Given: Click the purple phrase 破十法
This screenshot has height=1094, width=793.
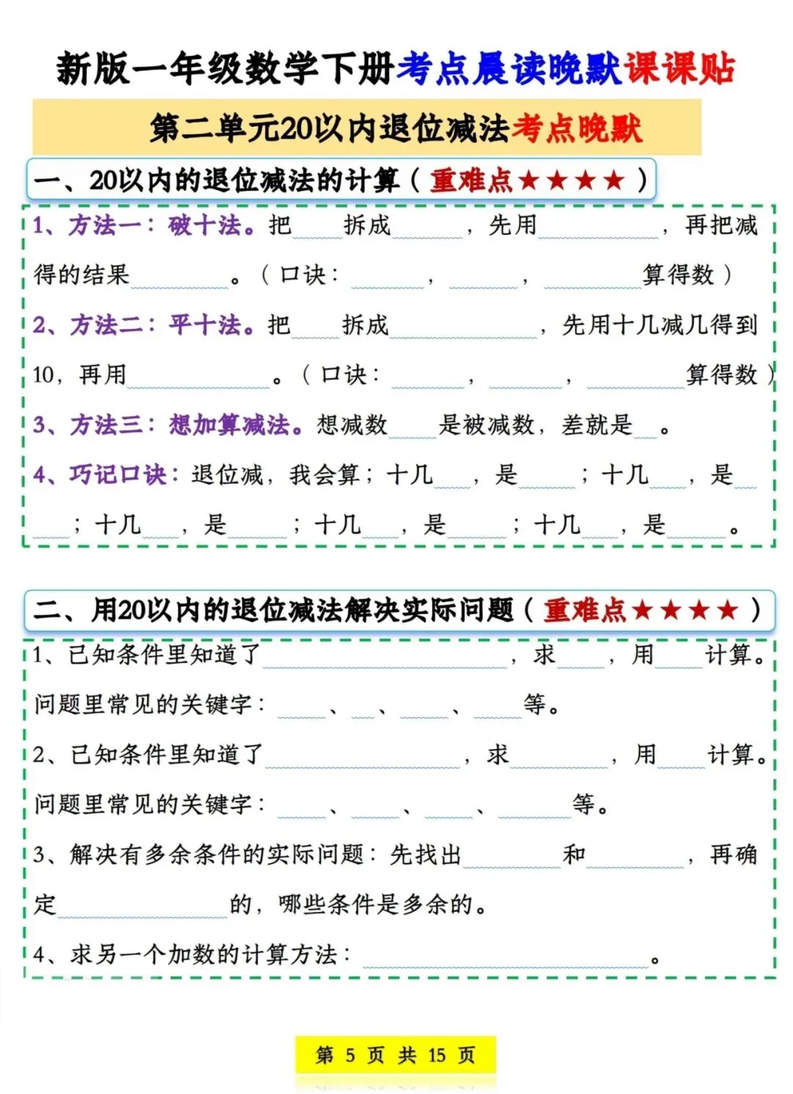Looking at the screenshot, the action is [x=204, y=225].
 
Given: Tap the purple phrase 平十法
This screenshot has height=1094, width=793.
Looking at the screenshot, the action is [x=205, y=325].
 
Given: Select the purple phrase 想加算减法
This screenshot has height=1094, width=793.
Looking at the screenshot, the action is [x=230, y=424].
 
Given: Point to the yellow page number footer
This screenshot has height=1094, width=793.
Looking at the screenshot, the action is [x=395, y=1055].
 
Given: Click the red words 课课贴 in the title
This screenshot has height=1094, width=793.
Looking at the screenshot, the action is [x=679, y=69].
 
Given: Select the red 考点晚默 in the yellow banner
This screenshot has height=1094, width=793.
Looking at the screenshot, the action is [x=576, y=128].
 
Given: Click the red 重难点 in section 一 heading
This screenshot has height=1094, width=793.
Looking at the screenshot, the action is [x=471, y=180].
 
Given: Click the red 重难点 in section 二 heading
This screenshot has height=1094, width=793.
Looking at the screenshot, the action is [x=584, y=610].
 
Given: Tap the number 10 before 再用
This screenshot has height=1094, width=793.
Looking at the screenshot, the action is [x=43, y=375].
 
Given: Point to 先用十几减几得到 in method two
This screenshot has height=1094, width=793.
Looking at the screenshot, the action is [x=659, y=325].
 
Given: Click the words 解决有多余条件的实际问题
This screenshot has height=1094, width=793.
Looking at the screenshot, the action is [x=217, y=854].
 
